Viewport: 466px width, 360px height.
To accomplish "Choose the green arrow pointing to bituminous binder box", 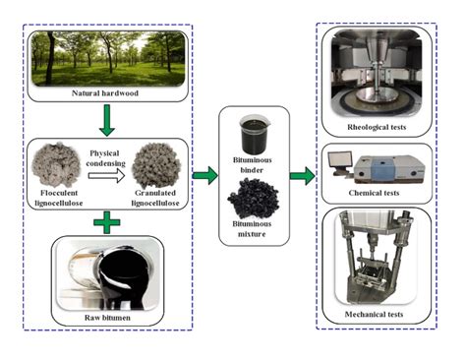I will tap(205, 177).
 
